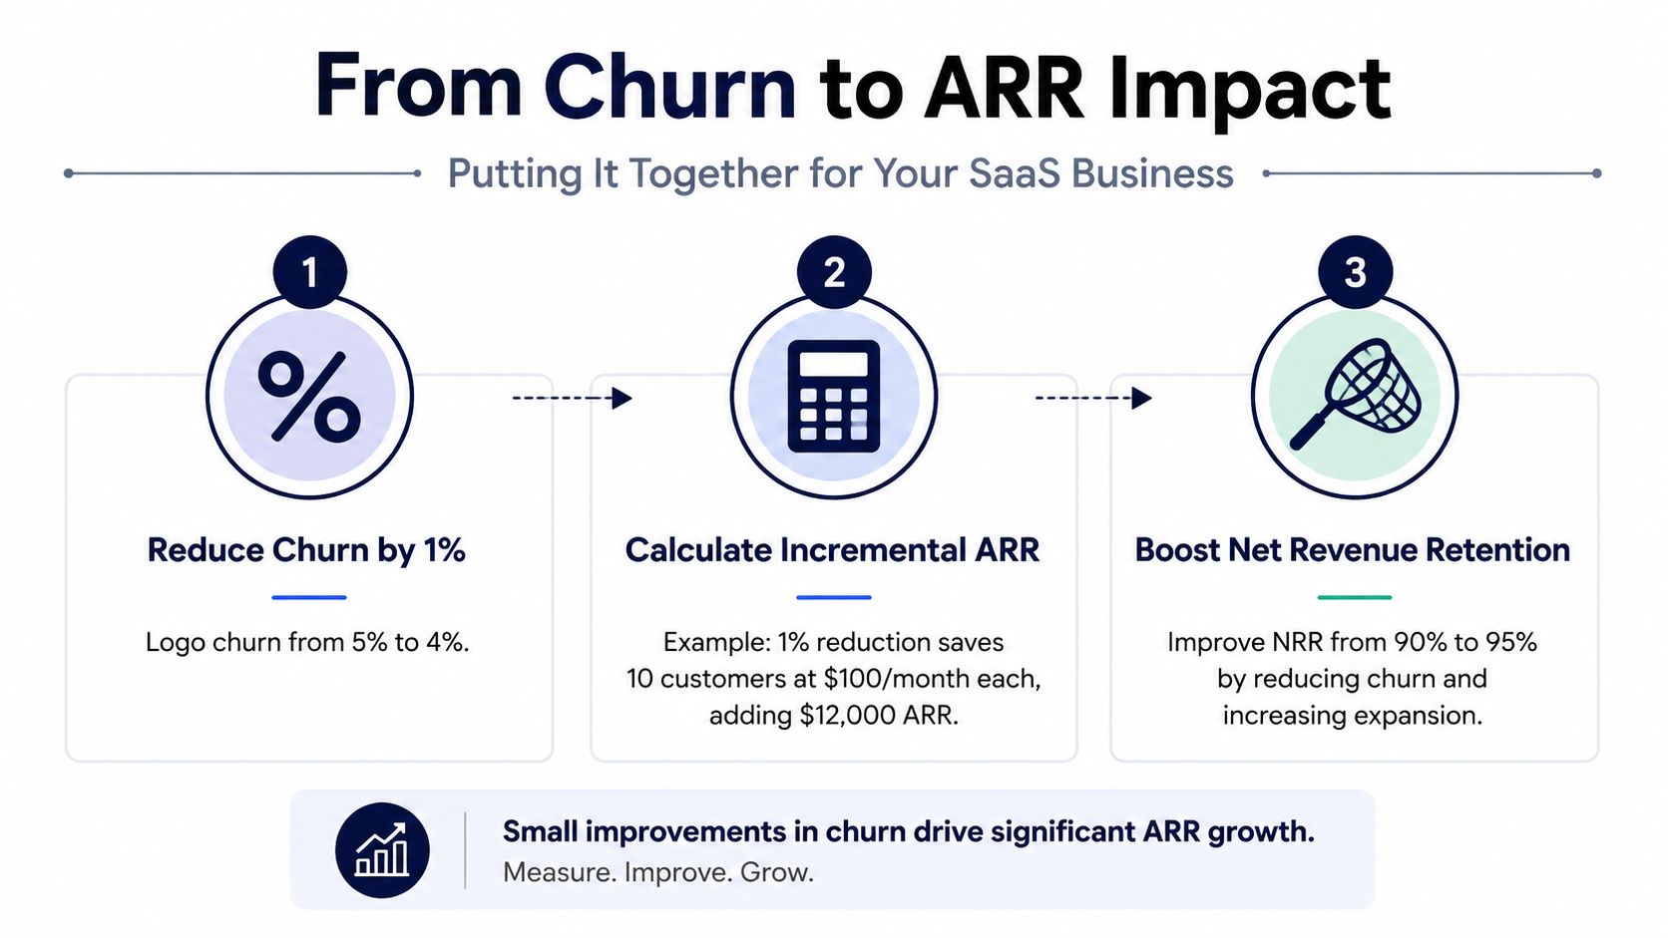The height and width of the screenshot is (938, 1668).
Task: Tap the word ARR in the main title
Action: point(1004,87)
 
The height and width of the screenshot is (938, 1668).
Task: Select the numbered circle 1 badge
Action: point(310,272)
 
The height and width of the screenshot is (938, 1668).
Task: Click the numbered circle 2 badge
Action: point(834,272)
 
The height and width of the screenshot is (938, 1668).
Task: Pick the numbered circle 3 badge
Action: point(1355,272)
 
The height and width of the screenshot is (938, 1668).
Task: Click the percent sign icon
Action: point(309,397)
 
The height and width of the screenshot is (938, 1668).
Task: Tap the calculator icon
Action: point(834,397)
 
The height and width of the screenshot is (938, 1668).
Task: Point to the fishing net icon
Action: point(1355,395)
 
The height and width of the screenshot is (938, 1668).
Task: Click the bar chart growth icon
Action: point(382,849)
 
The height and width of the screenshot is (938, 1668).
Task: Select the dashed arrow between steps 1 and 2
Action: point(572,398)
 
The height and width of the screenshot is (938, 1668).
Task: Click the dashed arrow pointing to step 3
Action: point(1093,398)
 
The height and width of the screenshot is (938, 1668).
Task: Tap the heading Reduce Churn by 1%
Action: point(306,551)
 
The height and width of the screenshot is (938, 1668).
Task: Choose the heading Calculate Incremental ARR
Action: point(833,550)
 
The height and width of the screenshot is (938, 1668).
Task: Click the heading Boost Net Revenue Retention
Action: point(1353,550)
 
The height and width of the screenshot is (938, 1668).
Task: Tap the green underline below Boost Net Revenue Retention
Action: point(1355,596)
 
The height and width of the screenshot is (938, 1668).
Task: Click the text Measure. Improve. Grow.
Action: point(658,872)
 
